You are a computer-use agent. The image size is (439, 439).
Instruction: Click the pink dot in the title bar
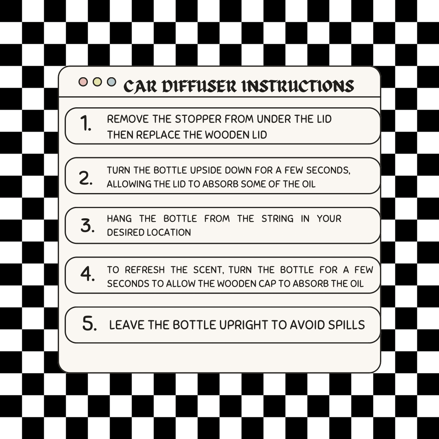[x=83, y=82]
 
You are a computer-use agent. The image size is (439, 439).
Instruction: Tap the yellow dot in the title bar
[x=97, y=82]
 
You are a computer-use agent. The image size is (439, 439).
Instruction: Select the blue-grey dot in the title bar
[x=111, y=82]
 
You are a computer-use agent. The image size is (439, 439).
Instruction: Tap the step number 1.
[x=85, y=124]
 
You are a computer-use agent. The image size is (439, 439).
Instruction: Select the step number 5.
[x=89, y=324]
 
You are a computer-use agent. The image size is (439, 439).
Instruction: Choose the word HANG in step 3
[x=120, y=219]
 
